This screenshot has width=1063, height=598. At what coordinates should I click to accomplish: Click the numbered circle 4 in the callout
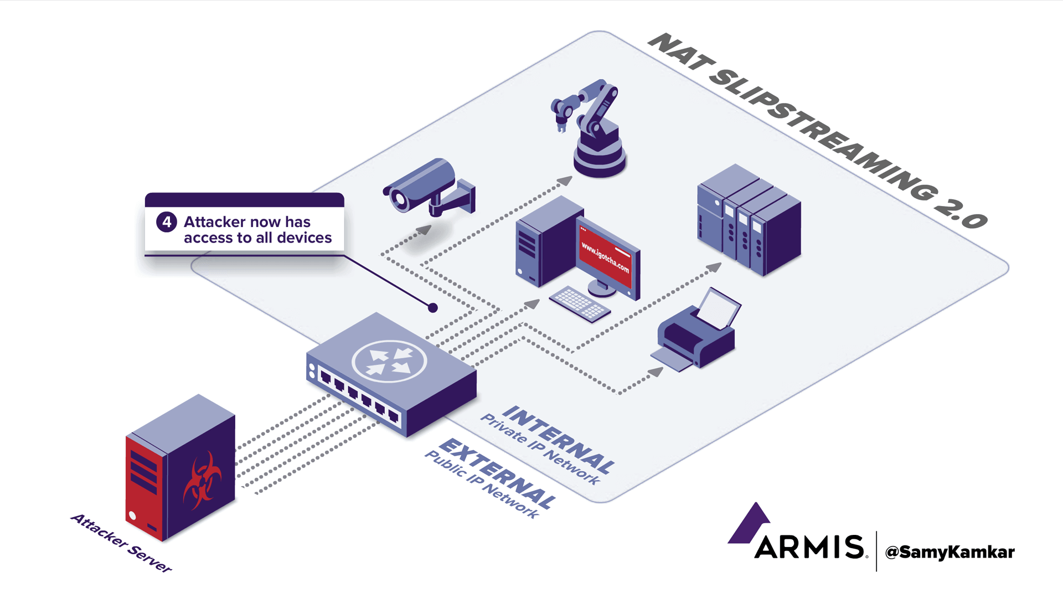167,222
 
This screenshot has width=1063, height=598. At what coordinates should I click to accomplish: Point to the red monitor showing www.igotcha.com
606,257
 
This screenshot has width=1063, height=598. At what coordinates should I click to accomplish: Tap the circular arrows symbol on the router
389,361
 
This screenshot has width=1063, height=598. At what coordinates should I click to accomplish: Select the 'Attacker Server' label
121,543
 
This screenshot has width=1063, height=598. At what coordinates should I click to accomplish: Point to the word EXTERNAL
498,473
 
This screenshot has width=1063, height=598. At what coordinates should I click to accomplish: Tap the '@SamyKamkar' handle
950,552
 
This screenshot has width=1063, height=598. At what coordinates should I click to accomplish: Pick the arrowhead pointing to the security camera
425,229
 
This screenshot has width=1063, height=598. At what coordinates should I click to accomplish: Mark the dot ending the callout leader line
433,308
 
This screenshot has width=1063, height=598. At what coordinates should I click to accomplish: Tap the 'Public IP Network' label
481,484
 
